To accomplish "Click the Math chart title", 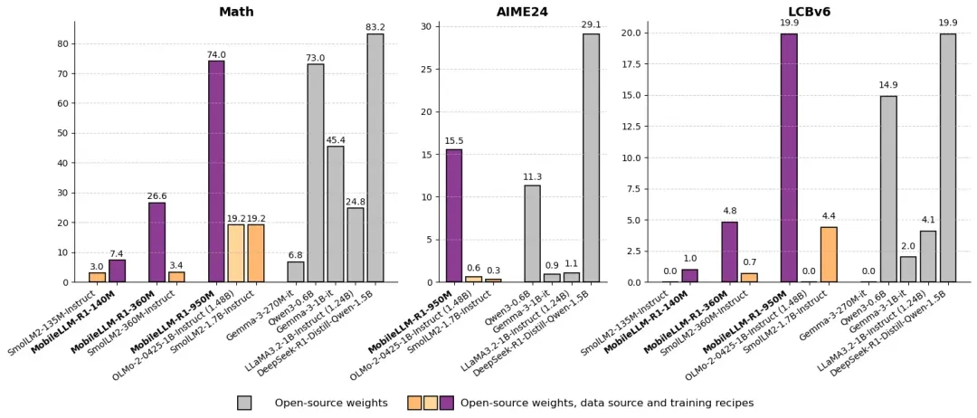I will pos(236,12).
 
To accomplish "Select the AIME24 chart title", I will pos(523,12).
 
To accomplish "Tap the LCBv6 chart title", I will pos(809,12).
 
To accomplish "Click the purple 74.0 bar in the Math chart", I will pos(216,172).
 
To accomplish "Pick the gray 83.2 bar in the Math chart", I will pos(375,158).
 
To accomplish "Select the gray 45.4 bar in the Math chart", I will pos(336,214).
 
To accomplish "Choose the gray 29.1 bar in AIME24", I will pos(591,158).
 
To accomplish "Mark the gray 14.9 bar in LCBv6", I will pos(888,189).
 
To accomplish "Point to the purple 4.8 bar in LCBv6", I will pos(729,252).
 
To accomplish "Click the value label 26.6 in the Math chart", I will pos(157,195).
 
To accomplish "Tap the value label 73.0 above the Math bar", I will pos(315,58).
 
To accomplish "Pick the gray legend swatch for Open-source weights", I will pos(244,403).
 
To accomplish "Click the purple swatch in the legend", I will pos(447,403).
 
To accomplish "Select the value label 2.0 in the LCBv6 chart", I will pos(908,246).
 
